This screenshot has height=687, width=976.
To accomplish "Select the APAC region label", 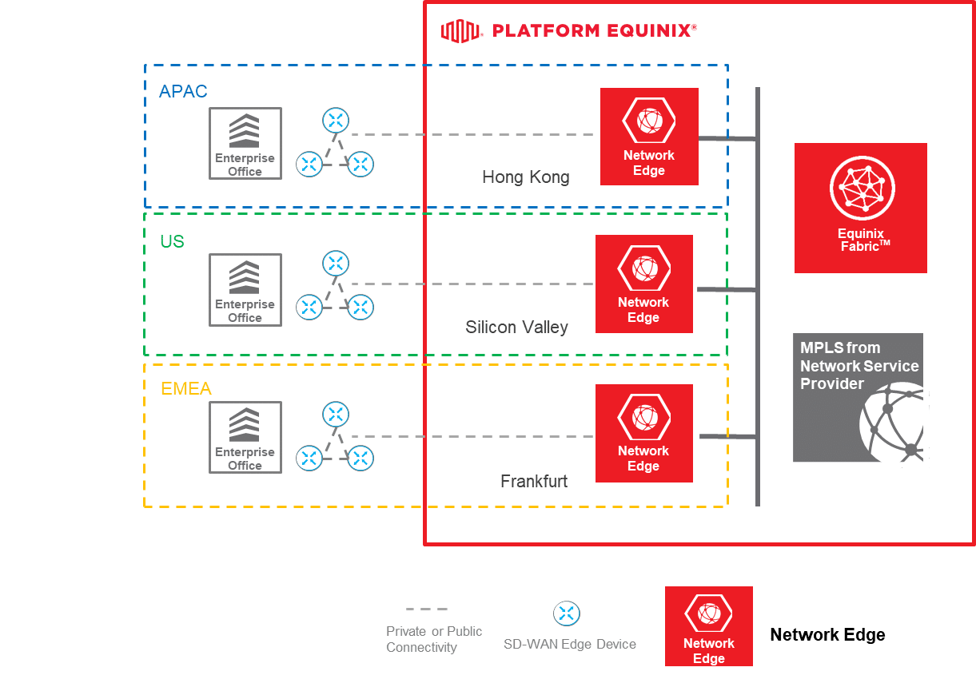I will pyautogui.click(x=183, y=91).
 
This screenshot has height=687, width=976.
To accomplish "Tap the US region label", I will pyautogui.click(x=172, y=241).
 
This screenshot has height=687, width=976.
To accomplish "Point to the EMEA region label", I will pyautogui.click(x=186, y=389).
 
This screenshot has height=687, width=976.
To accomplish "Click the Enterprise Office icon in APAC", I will pyautogui.click(x=245, y=144).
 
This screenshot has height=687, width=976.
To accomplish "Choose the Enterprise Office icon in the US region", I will pyautogui.click(x=245, y=290).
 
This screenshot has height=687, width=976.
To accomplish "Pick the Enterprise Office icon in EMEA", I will pyautogui.click(x=245, y=437).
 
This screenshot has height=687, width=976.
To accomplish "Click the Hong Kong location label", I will pyautogui.click(x=525, y=177).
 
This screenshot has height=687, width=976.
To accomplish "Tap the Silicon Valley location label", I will pyautogui.click(x=516, y=327).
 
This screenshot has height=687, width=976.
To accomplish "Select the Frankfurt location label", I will pyautogui.click(x=534, y=481).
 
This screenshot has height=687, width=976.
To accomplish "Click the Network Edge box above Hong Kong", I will pyautogui.click(x=649, y=137).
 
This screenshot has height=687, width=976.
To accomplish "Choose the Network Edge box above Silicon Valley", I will pyautogui.click(x=644, y=284).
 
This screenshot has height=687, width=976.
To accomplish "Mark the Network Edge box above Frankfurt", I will pyautogui.click(x=644, y=433).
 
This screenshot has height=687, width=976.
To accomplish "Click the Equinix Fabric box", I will pyautogui.click(x=860, y=208).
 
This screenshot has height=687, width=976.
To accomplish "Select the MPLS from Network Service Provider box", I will pyautogui.click(x=858, y=397).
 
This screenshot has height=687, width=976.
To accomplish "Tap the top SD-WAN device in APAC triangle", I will pyautogui.click(x=336, y=121).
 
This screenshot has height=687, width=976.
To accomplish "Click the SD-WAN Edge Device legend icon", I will pyautogui.click(x=567, y=614).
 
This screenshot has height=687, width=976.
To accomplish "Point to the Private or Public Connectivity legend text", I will pyautogui.click(x=434, y=639).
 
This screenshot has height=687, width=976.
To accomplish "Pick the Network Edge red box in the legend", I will pyautogui.click(x=709, y=625).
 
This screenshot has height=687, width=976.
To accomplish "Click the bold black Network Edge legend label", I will pyautogui.click(x=827, y=635).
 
